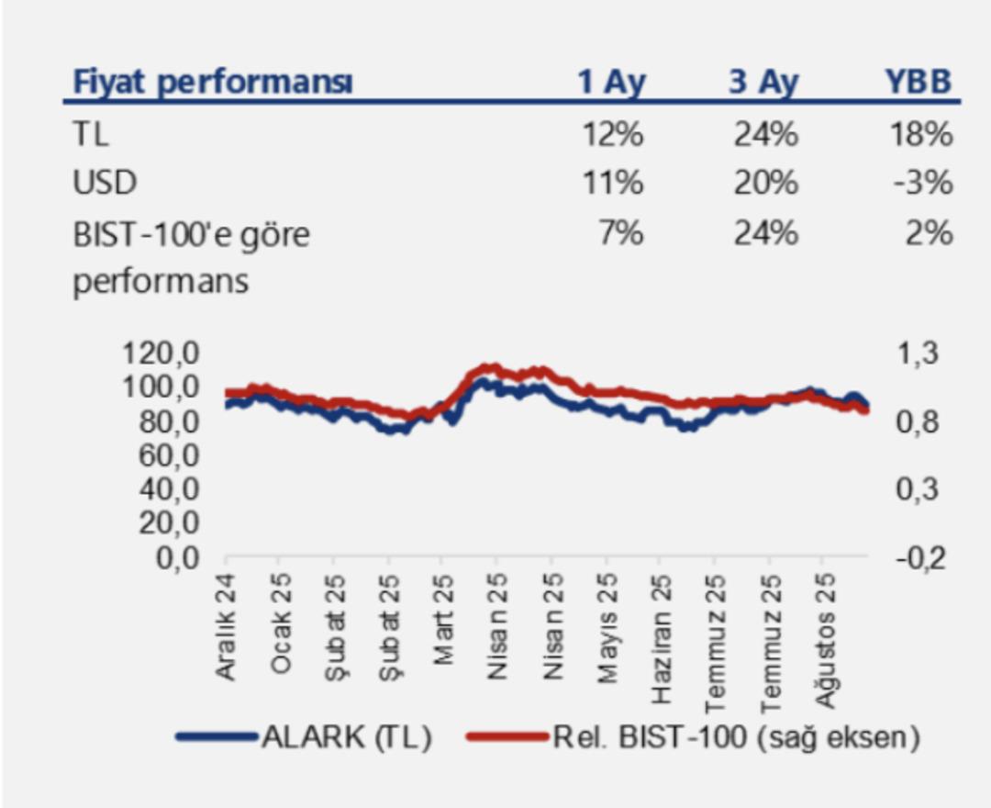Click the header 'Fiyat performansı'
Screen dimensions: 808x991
pos(212,83)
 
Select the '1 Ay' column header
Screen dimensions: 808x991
pos(611,83)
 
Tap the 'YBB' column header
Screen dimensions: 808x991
pos(918,83)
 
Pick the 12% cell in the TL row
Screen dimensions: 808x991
pos(613,136)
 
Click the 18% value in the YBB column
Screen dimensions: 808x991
pos(920,136)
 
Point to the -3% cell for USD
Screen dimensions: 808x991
pos(922,184)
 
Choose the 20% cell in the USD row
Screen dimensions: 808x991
pos(765,184)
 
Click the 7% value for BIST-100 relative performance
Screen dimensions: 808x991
pos(621,233)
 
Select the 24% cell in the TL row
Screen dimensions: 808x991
pos(765,136)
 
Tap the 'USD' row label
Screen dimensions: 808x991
pos(105,184)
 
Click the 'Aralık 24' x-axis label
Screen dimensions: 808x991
pos(227,628)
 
